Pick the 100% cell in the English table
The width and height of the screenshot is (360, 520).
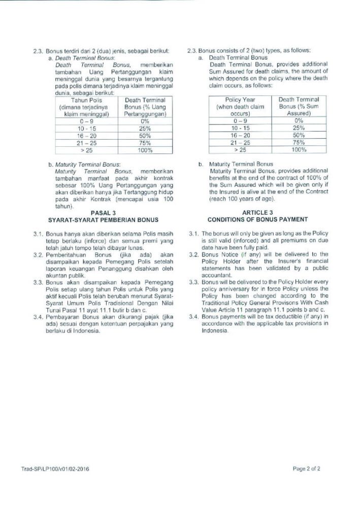(299, 150)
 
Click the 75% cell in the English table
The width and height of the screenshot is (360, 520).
(299, 143)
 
